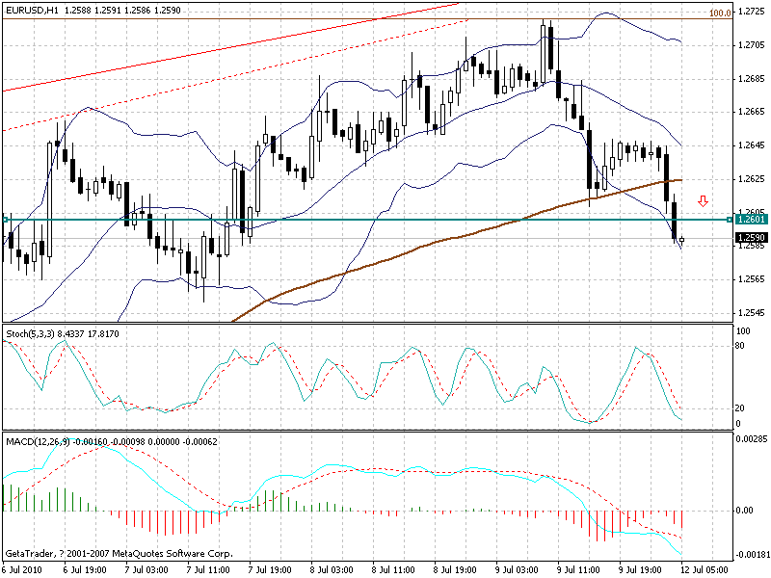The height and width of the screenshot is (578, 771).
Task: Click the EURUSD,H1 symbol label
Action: [x=30, y=11]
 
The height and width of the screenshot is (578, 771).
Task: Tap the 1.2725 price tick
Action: [x=752, y=12]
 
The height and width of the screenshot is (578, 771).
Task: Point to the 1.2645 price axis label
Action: [x=752, y=145]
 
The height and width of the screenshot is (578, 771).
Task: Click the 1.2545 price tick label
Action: [x=752, y=313]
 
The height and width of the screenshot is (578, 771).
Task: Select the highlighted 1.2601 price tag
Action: [x=751, y=220]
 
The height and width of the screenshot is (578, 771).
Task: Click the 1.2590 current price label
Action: [x=751, y=238]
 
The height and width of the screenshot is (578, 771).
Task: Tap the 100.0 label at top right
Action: [x=719, y=13]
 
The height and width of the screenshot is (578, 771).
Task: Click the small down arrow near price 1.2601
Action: [x=704, y=201]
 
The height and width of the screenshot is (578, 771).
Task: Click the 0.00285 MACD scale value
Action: [x=752, y=439]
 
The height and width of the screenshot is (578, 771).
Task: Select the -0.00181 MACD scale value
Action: [x=752, y=556]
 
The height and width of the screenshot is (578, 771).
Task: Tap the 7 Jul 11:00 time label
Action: [x=271, y=569]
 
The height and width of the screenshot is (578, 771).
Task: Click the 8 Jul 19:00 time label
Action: [x=457, y=569]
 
